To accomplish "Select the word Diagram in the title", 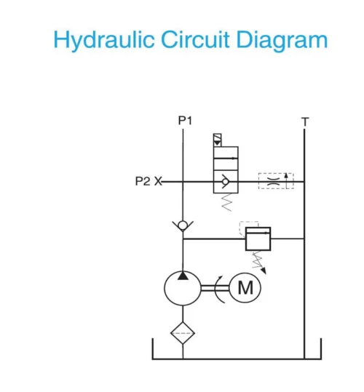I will [x=285, y=40].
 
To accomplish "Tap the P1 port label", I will [x=185, y=120].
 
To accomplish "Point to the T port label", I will [x=305, y=121].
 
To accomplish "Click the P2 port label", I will [x=143, y=181].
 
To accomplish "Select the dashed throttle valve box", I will [x=276, y=181].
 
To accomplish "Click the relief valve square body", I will [x=258, y=238].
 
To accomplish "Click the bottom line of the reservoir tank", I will [x=237, y=359].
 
